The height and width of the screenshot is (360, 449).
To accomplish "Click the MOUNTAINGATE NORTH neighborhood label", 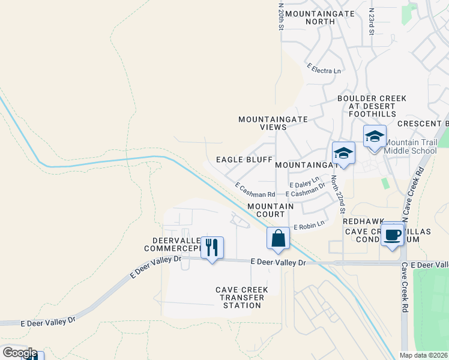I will pyautogui.click(x=310, y=17).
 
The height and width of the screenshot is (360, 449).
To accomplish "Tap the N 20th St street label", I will pyautogui.click(x=280, y=16).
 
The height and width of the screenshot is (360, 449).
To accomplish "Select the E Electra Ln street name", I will pyautogui.click(x=323, y=70).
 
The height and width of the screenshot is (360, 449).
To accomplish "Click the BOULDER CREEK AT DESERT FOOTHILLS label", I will pyautogui.click(x=372, y=106).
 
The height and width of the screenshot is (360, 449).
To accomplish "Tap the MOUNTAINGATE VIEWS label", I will pyautogui.click(x=273, y=123).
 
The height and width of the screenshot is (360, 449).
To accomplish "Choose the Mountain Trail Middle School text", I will pyautogui.click(x=410, y=147).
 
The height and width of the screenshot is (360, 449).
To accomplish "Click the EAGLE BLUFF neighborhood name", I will pyautogui.click(x=241, y=160).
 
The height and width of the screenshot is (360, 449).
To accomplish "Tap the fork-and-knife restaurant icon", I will pyautogui.click(x=212, y=247).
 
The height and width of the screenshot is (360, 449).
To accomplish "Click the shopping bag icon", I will pyautogui.click(x=278, y=238).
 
